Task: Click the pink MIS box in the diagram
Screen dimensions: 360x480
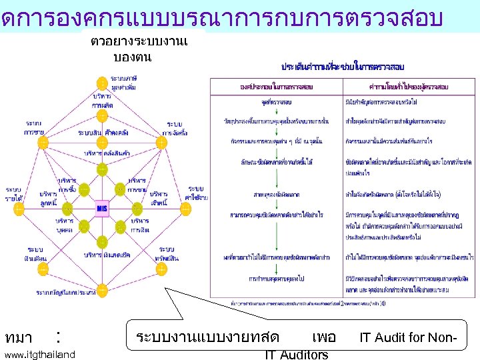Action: pos(102,207)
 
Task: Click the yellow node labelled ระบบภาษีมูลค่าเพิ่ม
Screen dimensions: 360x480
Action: pos(102,83)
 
